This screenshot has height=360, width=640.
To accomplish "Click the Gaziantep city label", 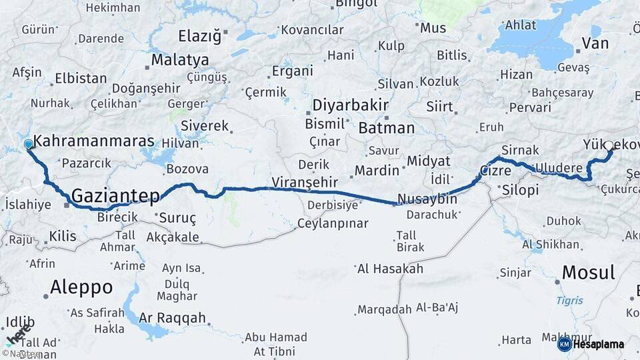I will point(115,195).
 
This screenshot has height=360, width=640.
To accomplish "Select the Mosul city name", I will point(588,271).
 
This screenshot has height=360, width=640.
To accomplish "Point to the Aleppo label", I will point(81,287).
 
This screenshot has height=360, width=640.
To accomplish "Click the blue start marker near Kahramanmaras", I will point(28,144).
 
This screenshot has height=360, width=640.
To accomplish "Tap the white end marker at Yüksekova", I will point(609,145).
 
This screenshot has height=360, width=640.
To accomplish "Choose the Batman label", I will point(386,128).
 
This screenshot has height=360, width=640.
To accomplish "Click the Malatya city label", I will point(179,60).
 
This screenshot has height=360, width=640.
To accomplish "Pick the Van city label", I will point(595,44).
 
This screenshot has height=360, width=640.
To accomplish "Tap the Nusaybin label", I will point(427,199).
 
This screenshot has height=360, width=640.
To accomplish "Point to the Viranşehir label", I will point(306,181).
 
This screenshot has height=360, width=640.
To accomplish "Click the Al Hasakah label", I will point(390,269).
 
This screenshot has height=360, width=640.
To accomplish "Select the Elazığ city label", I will point(199,36).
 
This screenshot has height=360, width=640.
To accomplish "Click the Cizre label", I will point(495,171).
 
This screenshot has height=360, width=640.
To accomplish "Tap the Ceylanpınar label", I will point(332,223).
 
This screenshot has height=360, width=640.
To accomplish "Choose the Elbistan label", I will point(81,78).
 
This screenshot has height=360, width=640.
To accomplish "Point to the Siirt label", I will point(439,107).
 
